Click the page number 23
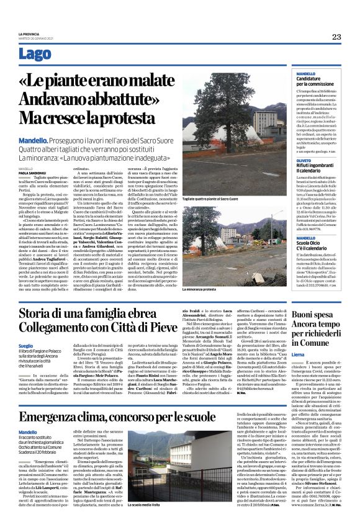point(336,37)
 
